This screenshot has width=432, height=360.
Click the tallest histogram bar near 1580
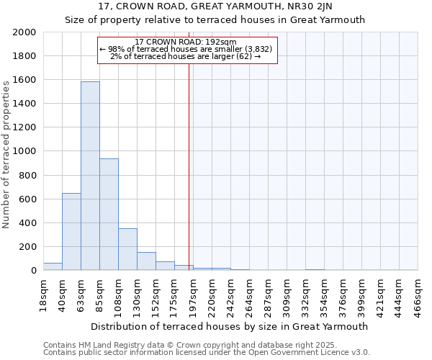pyautogui.click(x=90, y=176)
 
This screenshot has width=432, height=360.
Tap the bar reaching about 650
pyautogui.click(x=71, y=232)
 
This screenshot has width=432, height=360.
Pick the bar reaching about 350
pyautogui.click(x=127, y=249)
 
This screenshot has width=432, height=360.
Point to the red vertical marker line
pyautogui.click(x=189, y=166)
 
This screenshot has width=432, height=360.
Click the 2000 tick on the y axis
pyautogui.click(x=25, y=32)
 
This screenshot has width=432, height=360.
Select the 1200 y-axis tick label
pyautogui.click(x=25, y=127)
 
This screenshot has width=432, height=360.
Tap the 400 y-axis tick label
pyautogui.click(x=28, y=223)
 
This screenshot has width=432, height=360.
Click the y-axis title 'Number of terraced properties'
pyautogui.click(x=6, y=154)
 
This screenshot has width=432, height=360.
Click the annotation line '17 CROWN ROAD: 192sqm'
pyautogui.click(x=186, y=42)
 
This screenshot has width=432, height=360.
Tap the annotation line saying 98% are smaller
pyautogui.click(x=186, y=49)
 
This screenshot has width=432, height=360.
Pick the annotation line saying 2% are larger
pyautogui.click(x=186, y=55)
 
